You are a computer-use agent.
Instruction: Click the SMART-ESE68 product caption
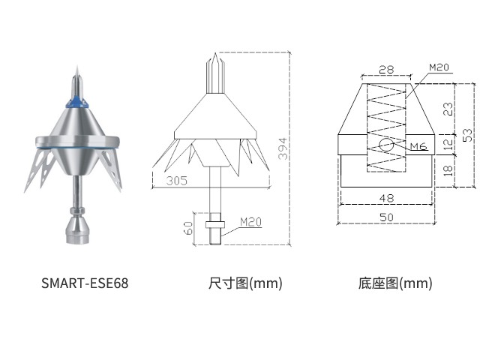coord(85,283)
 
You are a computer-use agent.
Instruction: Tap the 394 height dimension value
coord(283,148)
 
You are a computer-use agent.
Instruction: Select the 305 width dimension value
coord(177,181)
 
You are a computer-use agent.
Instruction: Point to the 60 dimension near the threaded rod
coord(189,228)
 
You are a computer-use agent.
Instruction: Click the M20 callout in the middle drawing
coord(250,222)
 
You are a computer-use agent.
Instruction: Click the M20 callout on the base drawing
coord(439,67)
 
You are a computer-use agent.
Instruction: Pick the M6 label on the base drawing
coord(418,146)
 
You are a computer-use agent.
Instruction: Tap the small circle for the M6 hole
coord(386,145)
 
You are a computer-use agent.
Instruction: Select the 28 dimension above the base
coord(386,70)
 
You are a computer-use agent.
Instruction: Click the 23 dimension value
coord(448,109)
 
